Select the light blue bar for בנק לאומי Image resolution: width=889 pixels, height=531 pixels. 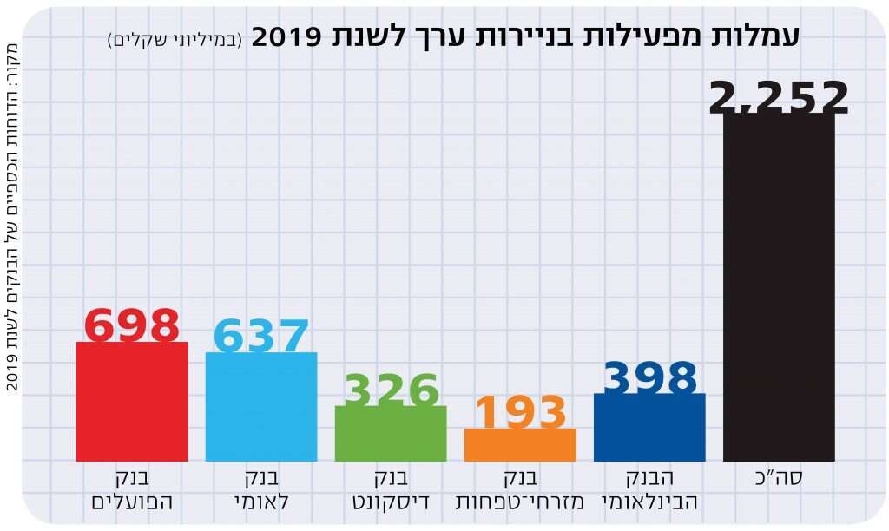click(261, 407)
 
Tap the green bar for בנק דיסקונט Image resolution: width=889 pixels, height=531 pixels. click(391, 433)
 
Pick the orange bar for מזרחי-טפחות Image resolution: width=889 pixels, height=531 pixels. click(520, 444)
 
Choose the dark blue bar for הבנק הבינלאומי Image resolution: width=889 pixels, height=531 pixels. click(649, 427)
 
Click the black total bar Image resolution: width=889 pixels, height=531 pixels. click(779, 286)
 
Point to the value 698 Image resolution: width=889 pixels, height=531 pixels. click(132, 326)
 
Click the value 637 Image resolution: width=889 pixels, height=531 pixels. click(261, 337)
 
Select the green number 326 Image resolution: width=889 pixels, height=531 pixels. click(392, 390)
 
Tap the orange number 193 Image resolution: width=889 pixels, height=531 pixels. click(520, 413)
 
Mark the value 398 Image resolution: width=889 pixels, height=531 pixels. click(650, 378)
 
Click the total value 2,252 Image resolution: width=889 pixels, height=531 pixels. click(779, 97)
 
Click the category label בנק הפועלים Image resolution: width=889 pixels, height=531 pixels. click(132, 490)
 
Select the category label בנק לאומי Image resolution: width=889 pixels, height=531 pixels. click(261, 490)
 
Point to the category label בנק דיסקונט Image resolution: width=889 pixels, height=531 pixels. click(391, 490)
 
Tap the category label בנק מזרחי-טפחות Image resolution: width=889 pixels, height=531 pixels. click(520, 490)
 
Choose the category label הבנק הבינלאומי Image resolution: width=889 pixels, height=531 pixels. click(649, 490)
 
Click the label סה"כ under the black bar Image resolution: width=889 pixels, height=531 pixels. click(779, 478)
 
